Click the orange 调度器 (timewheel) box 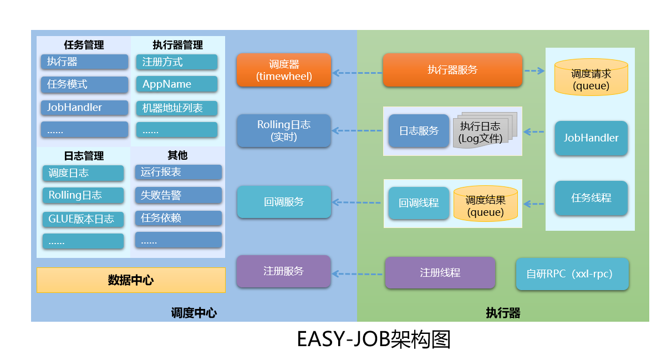point(284,70)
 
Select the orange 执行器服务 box point(452,70)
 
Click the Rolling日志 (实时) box point(284,131)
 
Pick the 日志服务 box point(419,131)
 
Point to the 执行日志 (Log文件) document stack point(481,133)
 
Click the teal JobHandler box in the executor point(591,138)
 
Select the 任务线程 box point(591,197)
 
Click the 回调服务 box point(284,202)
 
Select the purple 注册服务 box point(284,271)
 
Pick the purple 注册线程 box point(440,273)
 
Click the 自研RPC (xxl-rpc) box point(572,274)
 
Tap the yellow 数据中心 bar point(131,280)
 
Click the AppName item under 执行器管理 point(177,84)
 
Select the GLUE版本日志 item point(83,219)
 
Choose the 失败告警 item point(178,195)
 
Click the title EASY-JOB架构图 point(374,339)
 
